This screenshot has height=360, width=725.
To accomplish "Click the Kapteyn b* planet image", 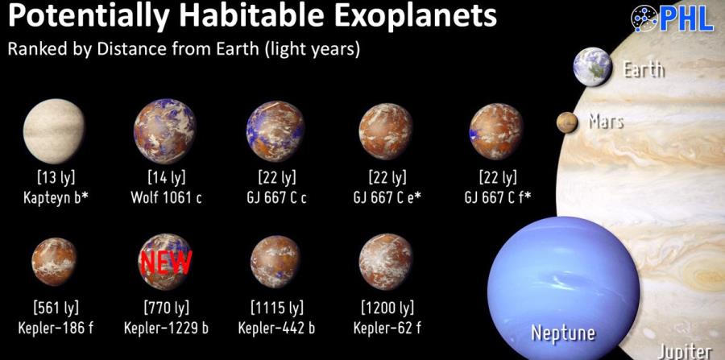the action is (54, 130).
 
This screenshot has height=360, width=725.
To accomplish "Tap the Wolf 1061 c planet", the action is (165, 131).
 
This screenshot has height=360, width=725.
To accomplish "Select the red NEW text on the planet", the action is (165, 263).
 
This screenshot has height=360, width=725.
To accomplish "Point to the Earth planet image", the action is (592, 67).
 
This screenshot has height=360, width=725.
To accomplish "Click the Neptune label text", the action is (563, 333).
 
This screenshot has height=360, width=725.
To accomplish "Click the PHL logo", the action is (673, 19).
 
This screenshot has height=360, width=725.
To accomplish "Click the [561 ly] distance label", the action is (56, 308).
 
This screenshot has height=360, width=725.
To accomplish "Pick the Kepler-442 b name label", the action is (276, 328).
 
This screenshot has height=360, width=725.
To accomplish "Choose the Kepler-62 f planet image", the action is (386, 261).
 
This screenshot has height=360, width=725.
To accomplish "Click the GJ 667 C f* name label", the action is (498, 198).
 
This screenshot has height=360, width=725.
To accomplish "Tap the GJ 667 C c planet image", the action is (275, 131).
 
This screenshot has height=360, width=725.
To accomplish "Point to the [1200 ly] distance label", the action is (387, 308).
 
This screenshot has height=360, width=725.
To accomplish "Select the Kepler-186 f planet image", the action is (54, 262).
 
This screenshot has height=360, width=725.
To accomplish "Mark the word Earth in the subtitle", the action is (233, 49).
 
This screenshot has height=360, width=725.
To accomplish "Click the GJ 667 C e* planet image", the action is (386, 130).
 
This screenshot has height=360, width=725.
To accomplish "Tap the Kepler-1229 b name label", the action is (166, 328).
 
